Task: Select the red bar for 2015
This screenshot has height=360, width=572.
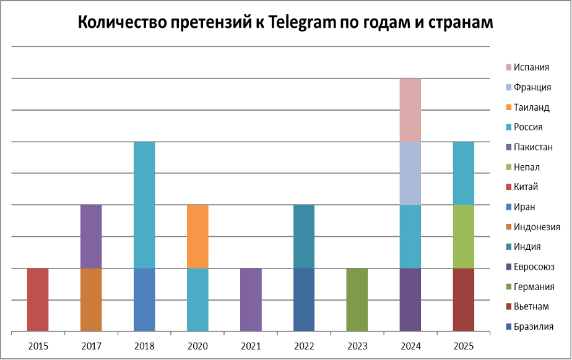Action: point(38,300)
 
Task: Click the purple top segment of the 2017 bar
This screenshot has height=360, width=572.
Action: point(91,236)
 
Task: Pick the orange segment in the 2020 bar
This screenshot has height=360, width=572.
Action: point(197,236)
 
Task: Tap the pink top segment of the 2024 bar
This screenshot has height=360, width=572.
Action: point(410,110)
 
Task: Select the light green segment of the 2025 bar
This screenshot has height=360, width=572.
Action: point(464,236)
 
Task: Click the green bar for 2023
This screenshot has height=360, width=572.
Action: point(357,300)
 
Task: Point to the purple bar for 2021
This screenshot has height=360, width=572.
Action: point(251,300)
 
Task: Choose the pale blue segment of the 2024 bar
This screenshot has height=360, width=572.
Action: point(410,173)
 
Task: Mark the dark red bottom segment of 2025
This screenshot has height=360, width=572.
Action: point(464,300)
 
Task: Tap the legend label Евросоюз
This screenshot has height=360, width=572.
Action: point(534,267)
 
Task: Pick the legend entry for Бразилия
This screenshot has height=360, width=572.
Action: point(534,327)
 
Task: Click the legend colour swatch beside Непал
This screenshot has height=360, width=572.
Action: point(509,167)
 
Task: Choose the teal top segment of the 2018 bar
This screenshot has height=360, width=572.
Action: point(144,204)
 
